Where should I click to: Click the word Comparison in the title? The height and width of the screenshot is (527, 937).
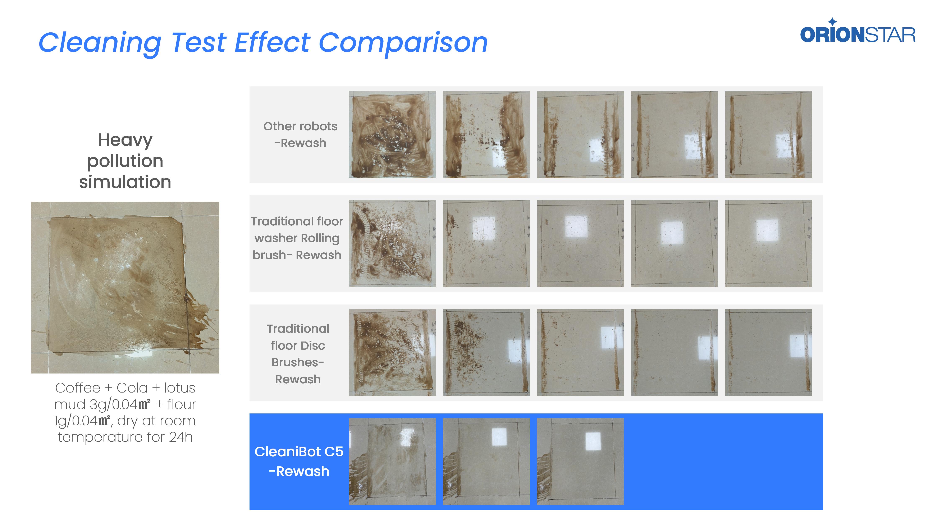403,43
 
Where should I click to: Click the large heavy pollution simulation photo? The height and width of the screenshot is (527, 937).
125,287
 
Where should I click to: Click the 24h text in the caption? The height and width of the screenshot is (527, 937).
181,437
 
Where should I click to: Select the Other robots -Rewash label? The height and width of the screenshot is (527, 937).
300,134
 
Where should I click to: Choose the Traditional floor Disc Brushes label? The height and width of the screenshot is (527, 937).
298,353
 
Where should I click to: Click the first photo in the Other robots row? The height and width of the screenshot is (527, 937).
392,134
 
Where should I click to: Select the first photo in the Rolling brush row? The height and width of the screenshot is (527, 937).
392,244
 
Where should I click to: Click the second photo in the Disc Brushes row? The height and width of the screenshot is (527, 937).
486,352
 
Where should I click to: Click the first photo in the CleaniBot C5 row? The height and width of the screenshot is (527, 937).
392,462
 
